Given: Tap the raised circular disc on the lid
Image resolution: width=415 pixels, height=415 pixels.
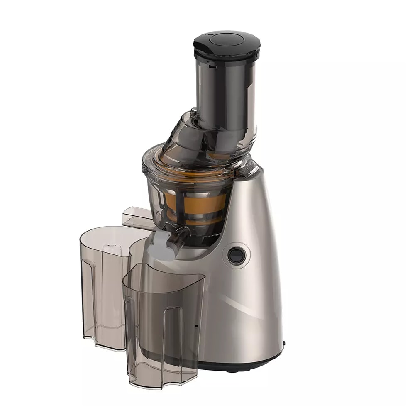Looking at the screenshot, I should [x=227, y=39].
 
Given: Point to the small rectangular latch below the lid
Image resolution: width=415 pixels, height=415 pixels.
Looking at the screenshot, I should [x=212, y=65].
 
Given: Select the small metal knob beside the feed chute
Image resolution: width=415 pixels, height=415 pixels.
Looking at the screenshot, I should [x=193, y=111].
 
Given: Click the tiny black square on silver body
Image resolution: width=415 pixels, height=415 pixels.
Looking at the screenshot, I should [x=196, y=326].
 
